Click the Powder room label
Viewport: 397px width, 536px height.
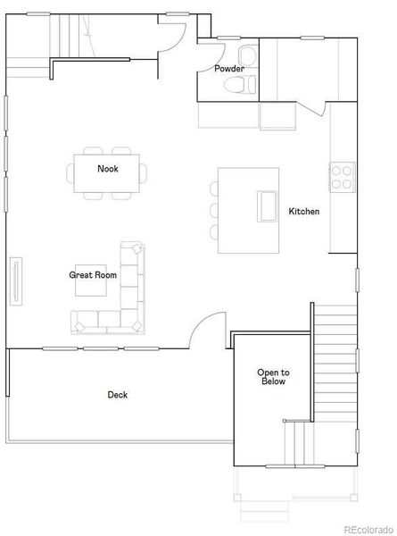[x=229, y=69]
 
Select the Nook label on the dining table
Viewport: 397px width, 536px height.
[x=107, y=168]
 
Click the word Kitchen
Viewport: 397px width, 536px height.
[x=303, y=212]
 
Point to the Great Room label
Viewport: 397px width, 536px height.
[x=93, y=275]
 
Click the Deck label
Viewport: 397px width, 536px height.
[x=117, y=394]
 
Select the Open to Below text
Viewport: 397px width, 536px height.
[x=273, y=377]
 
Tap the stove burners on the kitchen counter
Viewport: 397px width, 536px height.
[x=341, y=177]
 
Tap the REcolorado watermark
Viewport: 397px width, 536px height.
[x=370, y=528]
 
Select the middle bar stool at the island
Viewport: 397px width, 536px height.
[x=214, y=210]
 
